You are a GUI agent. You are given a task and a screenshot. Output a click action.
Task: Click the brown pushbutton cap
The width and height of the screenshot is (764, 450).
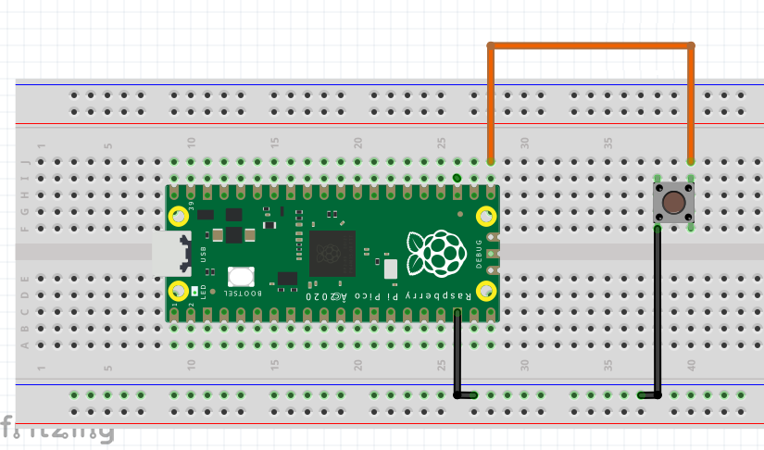click(674, 202)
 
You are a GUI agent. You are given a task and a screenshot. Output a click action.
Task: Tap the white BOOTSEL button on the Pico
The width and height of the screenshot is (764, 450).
click(241, 276)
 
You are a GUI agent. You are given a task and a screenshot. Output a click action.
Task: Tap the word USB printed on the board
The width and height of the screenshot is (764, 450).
click(203, 254)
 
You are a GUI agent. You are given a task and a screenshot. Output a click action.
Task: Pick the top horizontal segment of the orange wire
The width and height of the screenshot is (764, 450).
click(591, 44)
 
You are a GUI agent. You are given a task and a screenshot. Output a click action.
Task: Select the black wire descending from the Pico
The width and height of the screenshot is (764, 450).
click(457, 352)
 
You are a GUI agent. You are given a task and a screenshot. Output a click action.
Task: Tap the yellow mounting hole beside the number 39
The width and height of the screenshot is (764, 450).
click(178, 217)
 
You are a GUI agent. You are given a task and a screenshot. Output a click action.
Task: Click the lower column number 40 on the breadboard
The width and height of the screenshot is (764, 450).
click(692, 368)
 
